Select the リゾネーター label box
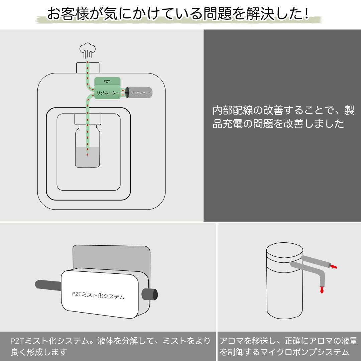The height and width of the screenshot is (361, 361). (x=107, y=93)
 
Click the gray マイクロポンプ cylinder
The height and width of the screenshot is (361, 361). (x=140, y=92)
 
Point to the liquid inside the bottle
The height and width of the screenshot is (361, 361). (x=88, y=157)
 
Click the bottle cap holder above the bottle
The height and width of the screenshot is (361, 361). (x=88, y=118)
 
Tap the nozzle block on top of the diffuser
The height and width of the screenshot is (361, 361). (x=88, y=67)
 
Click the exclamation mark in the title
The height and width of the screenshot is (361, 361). (x=307, y=13)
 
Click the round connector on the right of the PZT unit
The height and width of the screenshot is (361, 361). (x=150, y=294)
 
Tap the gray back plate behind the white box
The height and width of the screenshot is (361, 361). (x=110, y=256)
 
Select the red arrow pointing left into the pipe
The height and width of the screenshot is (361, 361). (x=334, y=266)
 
